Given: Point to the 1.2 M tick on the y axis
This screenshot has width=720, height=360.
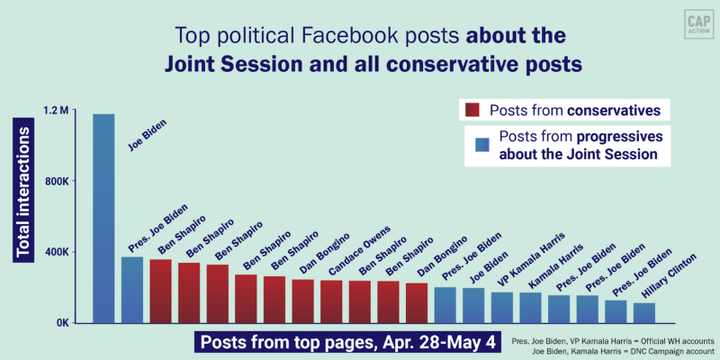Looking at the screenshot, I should [x=56, y=111].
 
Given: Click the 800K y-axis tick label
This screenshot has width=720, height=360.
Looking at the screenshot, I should [x=56, y=182].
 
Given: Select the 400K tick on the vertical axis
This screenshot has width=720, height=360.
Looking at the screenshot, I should [x=56, y=252].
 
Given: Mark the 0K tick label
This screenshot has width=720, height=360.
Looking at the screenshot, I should [x=61, y=322].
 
